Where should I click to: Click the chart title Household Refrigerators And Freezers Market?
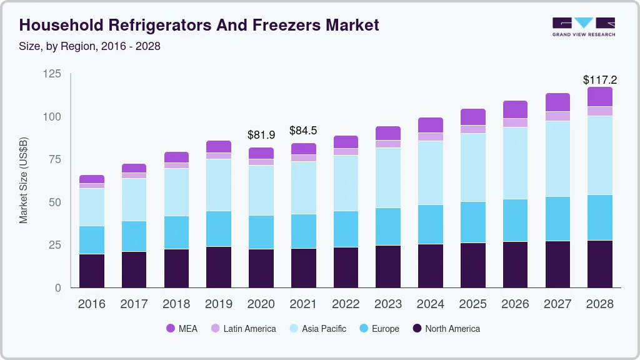199,25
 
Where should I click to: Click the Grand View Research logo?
583,26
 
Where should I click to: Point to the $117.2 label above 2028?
600,80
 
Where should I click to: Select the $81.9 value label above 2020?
261,134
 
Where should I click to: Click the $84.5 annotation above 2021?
303,131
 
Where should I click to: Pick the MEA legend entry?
182,328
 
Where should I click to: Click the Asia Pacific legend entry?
317,328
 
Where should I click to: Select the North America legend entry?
446,328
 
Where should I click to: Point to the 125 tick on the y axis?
52,74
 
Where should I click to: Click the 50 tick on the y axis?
55,202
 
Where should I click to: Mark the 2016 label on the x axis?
91,304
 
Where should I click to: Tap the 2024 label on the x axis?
431,304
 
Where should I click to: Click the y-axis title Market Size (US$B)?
24,180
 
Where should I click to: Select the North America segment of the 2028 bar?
600,264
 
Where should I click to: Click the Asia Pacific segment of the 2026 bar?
515,163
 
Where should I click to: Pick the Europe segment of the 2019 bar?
219,229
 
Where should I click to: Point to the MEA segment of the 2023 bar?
388,133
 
